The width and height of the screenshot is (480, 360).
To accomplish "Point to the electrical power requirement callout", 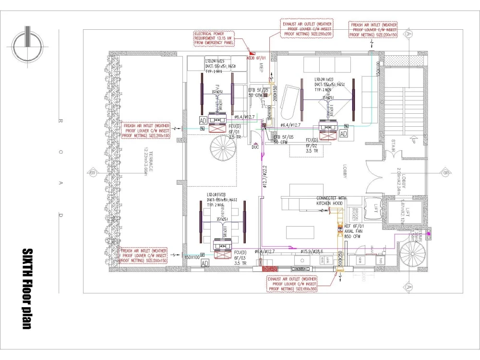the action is (213, 38).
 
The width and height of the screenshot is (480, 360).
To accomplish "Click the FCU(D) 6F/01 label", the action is (234, 131).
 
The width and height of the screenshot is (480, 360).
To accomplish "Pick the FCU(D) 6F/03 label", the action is (240, 257).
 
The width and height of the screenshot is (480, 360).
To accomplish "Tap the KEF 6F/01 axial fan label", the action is (356, 231).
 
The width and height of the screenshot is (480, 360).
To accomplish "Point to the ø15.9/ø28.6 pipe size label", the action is (312, 251).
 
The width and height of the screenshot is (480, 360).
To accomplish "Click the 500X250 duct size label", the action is (339, 259).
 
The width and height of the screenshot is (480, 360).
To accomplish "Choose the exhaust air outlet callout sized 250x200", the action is (307, 28).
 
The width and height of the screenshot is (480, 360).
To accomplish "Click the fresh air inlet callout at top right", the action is (373, 29).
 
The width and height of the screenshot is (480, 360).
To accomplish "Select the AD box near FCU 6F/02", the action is (343, 133).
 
